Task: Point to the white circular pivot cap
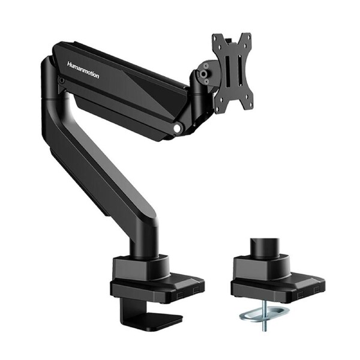[x=177, y=127]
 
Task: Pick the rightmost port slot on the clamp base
[x=195, y=289]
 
